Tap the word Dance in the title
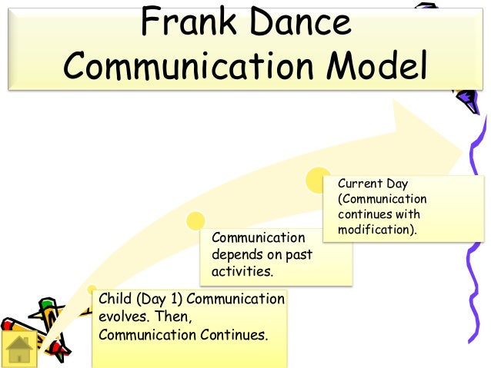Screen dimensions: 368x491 pyautogui.click(x=303, y=25)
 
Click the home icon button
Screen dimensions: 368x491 pyautogui.click(x=20, y=350)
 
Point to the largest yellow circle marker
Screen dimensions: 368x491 pyautogui.click(x=318, y=181)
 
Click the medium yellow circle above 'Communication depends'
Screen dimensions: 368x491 pyautogui.click(x=196, y=220)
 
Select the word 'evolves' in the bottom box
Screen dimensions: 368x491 pyautogui.click(x=119, y=317)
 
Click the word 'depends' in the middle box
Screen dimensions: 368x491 pyautogui.click(x=235, y=254)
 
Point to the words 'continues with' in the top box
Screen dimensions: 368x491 pyautogui.click(x=379, y=214)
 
